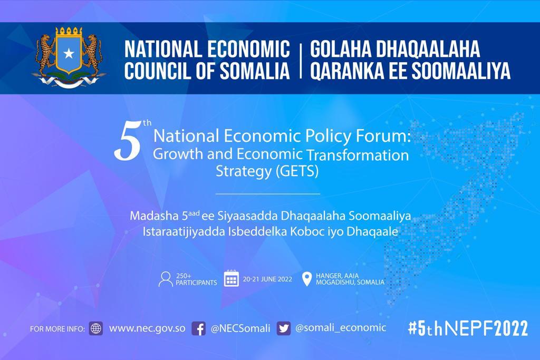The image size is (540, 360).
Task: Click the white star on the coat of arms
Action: [69, 53]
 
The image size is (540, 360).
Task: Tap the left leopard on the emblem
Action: [46, 54]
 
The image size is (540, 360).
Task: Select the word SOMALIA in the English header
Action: [255, 71]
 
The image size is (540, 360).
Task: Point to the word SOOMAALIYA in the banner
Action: [461, 71]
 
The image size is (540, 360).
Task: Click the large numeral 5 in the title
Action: [128, 142]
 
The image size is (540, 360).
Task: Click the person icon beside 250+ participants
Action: [166, 279]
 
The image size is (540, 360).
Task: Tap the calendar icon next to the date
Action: [232, 278]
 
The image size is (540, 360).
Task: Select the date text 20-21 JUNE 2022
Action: [267, 279]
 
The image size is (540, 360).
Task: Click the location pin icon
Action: [306, 279]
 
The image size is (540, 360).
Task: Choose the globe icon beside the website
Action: [96, 328]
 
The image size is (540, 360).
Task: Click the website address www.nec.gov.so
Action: [147, 328]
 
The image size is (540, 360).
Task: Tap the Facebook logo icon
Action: [199, 329]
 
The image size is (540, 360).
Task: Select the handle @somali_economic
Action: [341, 328]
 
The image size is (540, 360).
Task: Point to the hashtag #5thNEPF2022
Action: [468, 328]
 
